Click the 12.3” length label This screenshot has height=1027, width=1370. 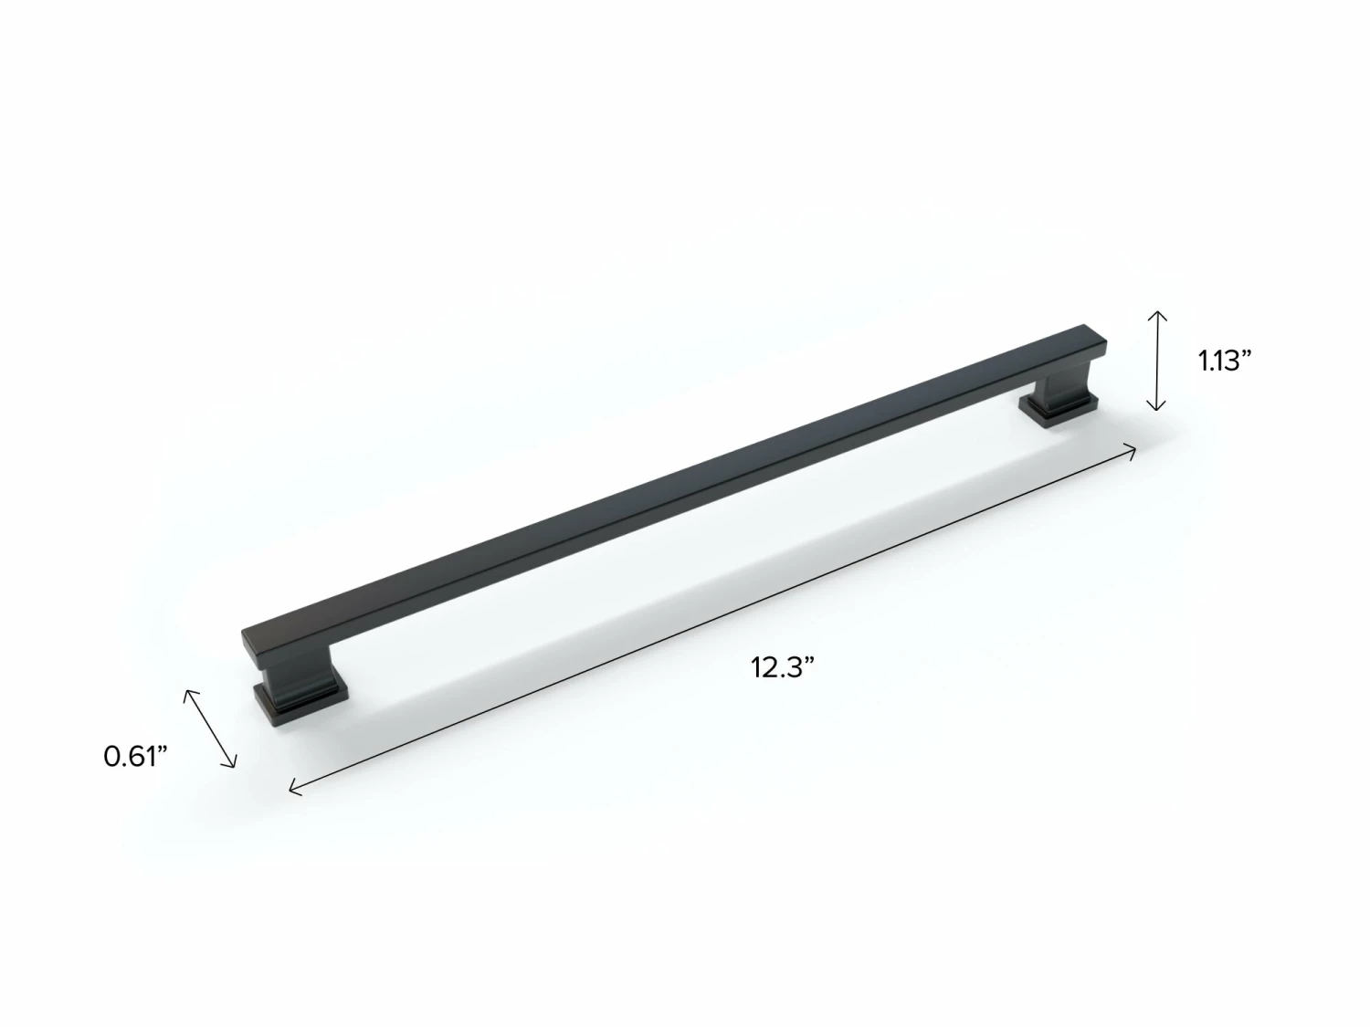(x=782, y=667)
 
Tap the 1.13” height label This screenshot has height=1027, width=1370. (x=1224, y=361)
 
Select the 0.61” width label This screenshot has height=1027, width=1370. (x=136, y=756)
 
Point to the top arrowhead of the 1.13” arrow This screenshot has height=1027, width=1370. (x=1156, y=313)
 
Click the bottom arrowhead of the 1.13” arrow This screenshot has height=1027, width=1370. (x=1156, y=408)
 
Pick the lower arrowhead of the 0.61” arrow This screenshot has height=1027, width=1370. (x=234, y=764)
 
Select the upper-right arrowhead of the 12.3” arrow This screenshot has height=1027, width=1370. (x=1133, y=447)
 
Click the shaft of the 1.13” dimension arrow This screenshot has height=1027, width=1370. (x=1156, y=361)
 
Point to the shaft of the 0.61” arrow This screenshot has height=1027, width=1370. (x=211, y=728)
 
